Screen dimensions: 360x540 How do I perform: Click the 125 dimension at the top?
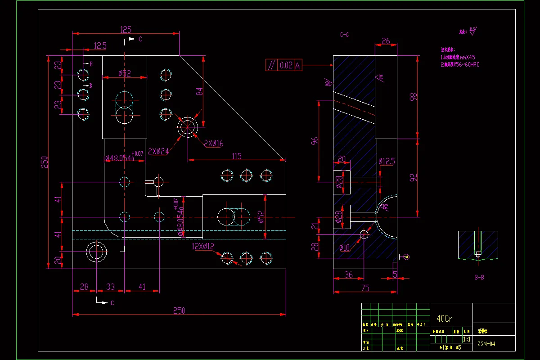click(126, 30)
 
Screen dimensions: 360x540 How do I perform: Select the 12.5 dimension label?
click(100, 45)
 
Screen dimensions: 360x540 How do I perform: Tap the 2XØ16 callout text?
click(213, 144)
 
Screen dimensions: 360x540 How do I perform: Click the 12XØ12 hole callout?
click(203, 246)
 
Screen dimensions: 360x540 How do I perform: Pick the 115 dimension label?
click(237, 156)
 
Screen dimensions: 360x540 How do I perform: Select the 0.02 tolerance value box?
click(286, 65)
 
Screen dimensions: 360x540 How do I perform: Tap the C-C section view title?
click(345, 35)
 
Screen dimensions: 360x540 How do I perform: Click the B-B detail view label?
click(479, 278)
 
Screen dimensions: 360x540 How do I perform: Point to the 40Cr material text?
click(445, 319)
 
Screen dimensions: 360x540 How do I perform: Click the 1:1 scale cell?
click(467, 339)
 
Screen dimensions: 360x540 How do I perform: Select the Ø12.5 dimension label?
click(387, 161)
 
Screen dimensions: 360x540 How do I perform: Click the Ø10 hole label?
click(345, 247)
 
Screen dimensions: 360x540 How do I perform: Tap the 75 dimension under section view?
click(365, 288)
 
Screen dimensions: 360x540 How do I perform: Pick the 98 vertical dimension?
click(414, 96)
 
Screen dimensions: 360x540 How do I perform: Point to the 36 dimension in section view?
click(348, 275)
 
